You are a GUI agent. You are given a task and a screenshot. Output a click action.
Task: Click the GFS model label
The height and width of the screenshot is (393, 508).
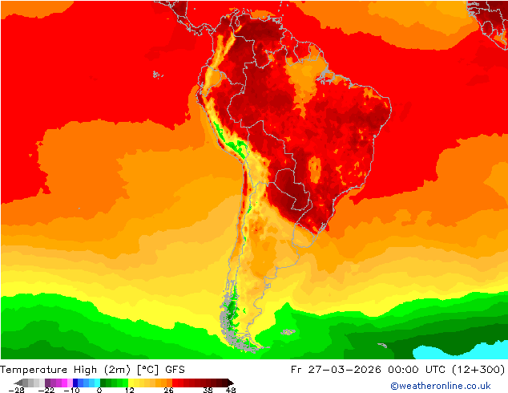pos(175,370)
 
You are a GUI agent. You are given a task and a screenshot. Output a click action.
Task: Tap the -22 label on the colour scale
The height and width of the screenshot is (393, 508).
pos(46,390)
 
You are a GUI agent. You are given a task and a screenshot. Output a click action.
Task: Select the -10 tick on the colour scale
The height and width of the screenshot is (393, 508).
pos(71,390)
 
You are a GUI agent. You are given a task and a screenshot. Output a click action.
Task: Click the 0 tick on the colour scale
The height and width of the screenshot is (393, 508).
pos(99,390)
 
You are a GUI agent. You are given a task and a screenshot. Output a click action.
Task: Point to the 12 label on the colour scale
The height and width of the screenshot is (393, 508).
pos(129,390)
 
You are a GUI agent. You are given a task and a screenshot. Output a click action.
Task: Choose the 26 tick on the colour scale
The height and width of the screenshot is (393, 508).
pos(167,390)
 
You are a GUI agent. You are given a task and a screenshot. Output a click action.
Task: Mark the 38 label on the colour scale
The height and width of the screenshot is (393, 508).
pos(208,390)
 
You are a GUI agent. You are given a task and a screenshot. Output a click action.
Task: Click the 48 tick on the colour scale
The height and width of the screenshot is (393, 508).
pos(231,390)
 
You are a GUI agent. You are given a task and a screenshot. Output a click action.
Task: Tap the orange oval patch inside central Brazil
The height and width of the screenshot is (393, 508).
pos(315,168)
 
